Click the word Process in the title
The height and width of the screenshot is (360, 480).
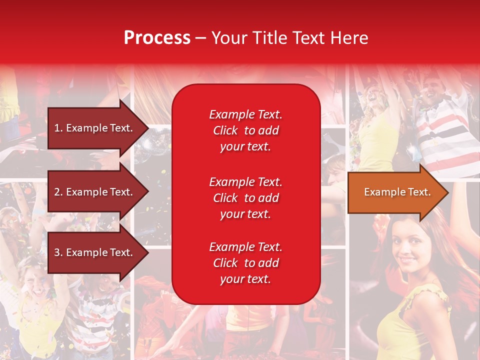pyautogui.click(x=157, y=38)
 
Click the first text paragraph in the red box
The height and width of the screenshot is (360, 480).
pyautogui.click(x=245, y=130)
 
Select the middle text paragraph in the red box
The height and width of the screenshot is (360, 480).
pyautogui.click(x=245, y=198)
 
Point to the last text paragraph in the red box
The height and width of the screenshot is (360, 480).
pyautogui.click(x=245, y=263)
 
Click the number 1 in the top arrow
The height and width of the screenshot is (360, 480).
pyautogui.click(x=57, y=128)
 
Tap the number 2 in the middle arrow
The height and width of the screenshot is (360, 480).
pyautogui.click(x=57, y=192)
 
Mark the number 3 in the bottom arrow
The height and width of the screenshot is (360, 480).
pyautogui.click(x=57, y=252)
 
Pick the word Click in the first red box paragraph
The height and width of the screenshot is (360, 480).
pyautogui.click(x=225, y=130)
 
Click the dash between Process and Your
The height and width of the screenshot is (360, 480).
pyautogui.click(x=201, y=38)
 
